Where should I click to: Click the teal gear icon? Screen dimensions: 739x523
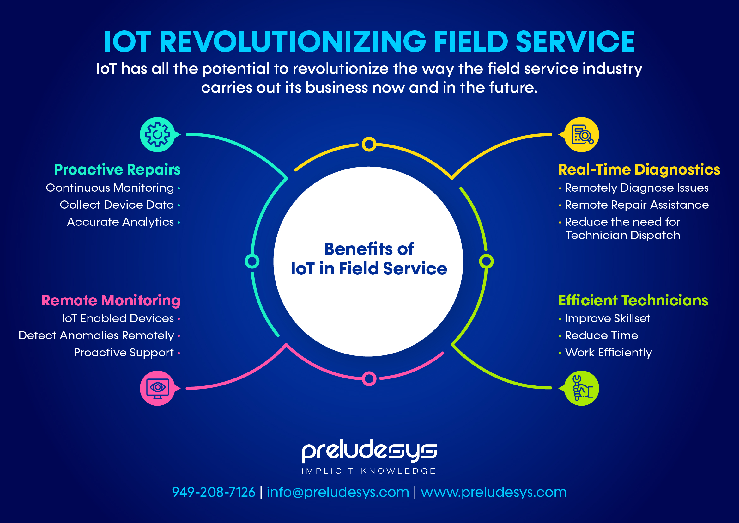pos(157,135)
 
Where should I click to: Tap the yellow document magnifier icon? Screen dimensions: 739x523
pos(581,135)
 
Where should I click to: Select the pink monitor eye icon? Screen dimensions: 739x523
pos(157,388)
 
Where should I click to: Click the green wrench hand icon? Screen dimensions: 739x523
pos(581,388)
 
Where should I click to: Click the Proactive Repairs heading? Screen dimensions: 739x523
pos(117,170)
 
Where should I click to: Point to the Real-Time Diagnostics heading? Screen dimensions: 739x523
pos(639,170)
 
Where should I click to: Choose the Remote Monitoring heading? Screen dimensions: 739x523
pos(111,300)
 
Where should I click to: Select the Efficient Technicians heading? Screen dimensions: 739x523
pos(633,300)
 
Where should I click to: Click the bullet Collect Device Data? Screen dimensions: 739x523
pos(117,205)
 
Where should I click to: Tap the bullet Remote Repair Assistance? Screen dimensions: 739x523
pos(637,205)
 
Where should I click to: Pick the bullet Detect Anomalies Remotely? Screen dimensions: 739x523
pos(96,335)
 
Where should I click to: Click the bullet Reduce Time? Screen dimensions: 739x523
pos(601,335)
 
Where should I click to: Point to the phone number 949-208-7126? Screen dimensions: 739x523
pos(213,492)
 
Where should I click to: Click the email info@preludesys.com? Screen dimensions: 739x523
pos(338,492)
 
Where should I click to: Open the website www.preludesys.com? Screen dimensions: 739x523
pos(494,492)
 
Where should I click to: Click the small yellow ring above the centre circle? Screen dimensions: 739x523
pos(369,144)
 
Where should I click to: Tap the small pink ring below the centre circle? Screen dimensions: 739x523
pos(369,378)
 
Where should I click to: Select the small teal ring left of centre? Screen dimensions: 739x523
pos(252,261)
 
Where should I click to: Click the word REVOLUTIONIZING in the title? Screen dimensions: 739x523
pos(293,42)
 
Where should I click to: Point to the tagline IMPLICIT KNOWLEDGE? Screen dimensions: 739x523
pos(369,471)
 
